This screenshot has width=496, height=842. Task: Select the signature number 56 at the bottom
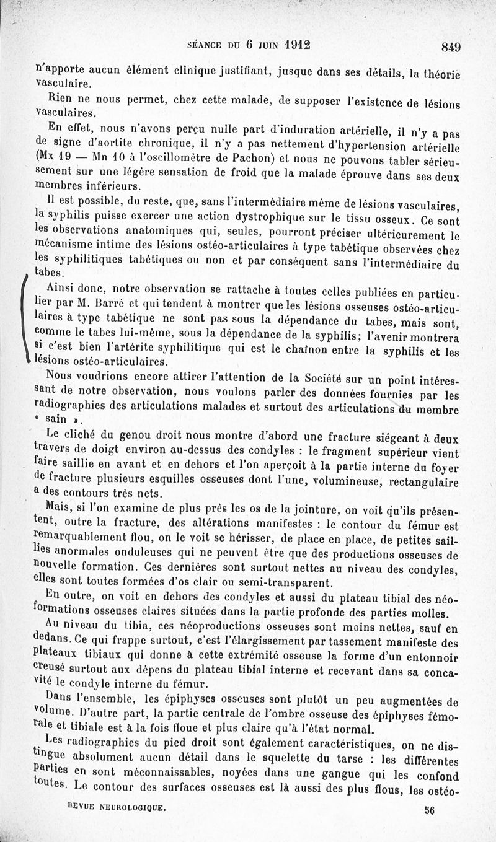[430, 810]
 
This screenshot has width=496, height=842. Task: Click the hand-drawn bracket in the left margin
[24, 319]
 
